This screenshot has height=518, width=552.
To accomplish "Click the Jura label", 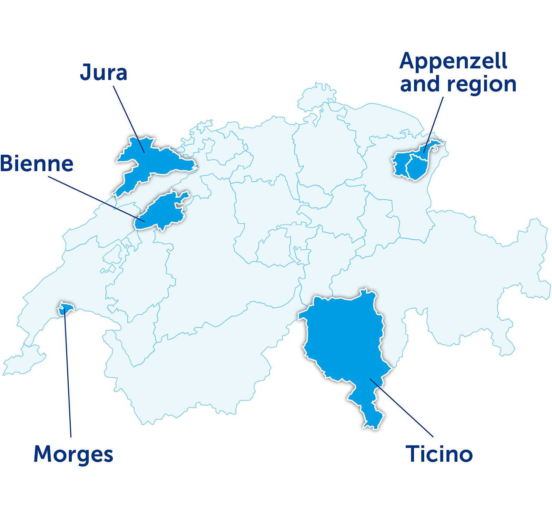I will (103, 73).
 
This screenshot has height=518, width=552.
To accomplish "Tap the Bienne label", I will (37, 163).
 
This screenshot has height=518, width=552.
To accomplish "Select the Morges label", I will (73, 455).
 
